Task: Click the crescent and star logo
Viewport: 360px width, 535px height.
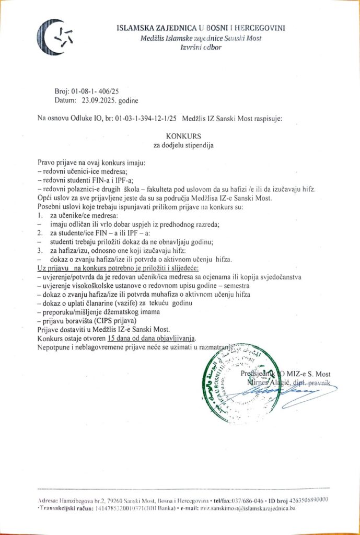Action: pos(54,37)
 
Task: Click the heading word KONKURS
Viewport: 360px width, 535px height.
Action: pos(179,136)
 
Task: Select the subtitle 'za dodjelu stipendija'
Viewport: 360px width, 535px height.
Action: pos(179,145)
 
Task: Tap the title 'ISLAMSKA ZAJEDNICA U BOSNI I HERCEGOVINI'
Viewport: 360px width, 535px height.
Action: pos(201,28)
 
